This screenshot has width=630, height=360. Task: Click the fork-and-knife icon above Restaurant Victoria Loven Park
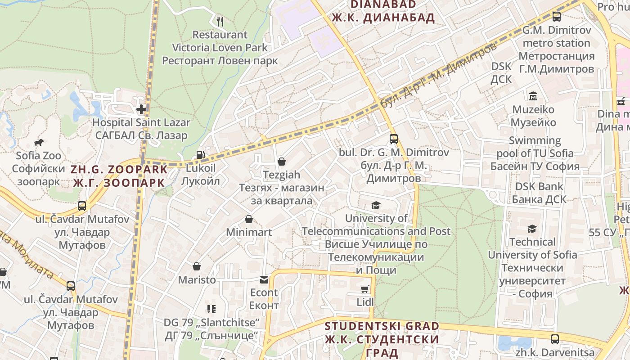click(220, 21)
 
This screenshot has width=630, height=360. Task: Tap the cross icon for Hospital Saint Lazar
click(141, 109)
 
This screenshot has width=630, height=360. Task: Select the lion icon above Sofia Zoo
click(38, 143)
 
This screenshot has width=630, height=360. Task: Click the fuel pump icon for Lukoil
click(200, 155)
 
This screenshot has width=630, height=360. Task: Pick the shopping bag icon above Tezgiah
click(282, 161)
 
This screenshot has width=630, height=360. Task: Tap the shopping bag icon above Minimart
click(249, 219)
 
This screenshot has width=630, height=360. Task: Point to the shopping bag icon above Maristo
click(197, 266)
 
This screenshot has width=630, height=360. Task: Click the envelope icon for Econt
click(264, 279)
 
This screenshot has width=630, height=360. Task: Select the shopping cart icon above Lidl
click(365, 289)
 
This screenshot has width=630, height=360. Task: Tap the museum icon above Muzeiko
click(533, 96)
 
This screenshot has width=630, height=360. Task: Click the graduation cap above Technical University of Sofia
click(532, 229)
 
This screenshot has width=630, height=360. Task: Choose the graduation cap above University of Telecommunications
click(376, 206)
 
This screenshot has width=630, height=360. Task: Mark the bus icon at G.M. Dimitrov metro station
click(557, 17)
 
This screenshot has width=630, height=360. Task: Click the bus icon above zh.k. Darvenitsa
click(555, 339)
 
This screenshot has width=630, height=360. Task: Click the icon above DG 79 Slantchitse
click(211, 309)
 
